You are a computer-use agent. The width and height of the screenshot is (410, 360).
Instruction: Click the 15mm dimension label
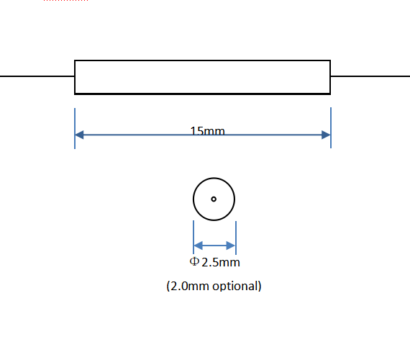[207, 130]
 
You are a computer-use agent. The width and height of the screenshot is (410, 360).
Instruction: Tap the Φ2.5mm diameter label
[214, 262]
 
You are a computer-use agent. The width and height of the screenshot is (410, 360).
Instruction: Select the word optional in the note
[234, 286]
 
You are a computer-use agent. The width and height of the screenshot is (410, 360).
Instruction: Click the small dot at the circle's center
[214, 199]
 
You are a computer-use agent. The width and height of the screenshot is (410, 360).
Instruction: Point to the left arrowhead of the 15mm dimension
[79, 135]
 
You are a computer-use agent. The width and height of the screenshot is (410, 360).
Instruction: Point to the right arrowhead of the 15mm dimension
[326, 135]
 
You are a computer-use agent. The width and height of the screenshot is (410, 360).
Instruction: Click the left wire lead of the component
[37, 76]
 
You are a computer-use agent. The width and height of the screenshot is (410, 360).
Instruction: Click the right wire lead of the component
[370, 76]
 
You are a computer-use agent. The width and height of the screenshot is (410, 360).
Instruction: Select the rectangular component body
[202, 60]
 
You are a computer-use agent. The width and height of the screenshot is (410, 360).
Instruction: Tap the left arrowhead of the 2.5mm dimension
[198, 246]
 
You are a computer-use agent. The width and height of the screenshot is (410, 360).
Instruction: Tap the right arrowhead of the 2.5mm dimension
[231, 246]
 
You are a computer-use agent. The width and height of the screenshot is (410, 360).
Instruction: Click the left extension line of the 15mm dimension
[75, 128]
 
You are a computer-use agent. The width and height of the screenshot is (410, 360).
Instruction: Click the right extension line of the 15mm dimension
[331, 127]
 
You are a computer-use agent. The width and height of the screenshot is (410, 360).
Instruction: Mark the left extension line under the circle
[193, 237]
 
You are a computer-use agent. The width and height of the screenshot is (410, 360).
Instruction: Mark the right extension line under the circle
[236, 238]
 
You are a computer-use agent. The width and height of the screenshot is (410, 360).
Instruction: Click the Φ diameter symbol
[194, 261]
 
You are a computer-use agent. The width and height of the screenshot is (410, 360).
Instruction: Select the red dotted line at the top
[65, 1]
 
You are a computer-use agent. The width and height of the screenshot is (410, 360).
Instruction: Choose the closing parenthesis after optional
[260, 286]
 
